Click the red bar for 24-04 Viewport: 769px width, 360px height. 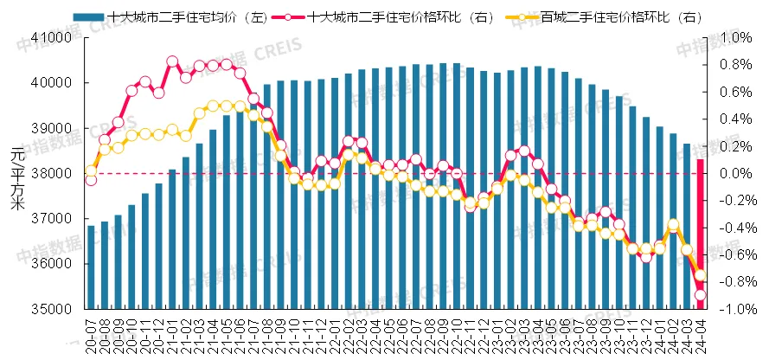point(700,234)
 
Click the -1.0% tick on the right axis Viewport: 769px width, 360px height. point(730,309)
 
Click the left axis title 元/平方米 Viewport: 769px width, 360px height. point(17,177)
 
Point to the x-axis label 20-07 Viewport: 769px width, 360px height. point(91,331)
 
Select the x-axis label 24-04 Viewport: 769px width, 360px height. point(700,331)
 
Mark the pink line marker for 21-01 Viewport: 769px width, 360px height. point(172,61)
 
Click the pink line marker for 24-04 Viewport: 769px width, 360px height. point(700,295)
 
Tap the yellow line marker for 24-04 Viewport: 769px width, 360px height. point(700,275)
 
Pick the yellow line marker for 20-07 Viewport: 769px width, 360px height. point(91,170)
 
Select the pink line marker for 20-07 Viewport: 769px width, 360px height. point(91,180)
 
